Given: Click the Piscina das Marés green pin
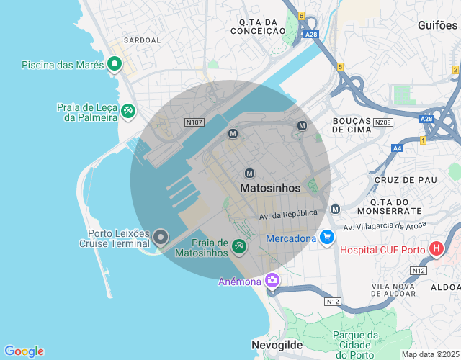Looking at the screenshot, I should [114, 64].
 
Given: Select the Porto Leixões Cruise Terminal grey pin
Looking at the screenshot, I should [161, 236].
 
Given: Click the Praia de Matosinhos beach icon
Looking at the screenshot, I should [238, 247].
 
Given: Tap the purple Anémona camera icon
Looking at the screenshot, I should [272, 280].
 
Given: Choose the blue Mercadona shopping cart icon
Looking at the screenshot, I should [327, 236].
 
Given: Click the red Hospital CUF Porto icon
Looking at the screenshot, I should [436, 249].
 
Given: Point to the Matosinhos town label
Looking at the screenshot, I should [269, 187].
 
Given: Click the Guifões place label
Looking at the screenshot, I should [437, 24].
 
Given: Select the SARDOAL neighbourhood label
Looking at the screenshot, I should [143, 40].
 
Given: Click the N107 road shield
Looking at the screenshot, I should [193, 122].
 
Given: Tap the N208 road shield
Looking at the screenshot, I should [382, 122].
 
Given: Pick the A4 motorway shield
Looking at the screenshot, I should [398, 148].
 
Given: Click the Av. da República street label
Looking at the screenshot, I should [288, 214].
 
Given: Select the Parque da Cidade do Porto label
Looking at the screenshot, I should [356, 344].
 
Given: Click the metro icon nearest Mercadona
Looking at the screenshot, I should [335, 209].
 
